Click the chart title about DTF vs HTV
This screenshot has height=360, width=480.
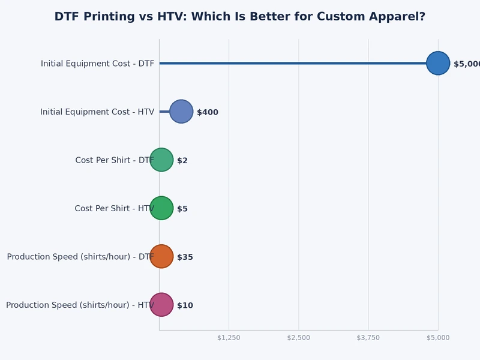239,17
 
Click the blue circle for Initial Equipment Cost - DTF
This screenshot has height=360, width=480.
438,63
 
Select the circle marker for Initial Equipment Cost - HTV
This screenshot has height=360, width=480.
181,112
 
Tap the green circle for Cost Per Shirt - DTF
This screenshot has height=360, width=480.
161,160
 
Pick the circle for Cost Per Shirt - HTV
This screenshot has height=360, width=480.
161,208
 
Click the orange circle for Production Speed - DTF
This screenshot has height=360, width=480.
161,256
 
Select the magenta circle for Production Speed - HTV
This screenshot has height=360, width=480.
161,305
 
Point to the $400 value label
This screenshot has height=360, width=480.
208,112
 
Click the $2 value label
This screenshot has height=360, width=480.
182,161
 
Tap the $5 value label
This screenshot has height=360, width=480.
182,209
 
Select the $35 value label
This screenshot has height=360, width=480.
185,257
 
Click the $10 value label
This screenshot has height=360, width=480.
185,305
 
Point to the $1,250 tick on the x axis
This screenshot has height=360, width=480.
229,338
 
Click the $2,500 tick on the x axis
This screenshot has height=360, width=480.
299,338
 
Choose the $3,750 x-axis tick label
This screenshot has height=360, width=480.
368,338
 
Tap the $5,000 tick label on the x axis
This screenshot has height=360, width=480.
438,338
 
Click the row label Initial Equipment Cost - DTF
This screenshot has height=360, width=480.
97,64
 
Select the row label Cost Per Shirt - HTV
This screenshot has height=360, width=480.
114,209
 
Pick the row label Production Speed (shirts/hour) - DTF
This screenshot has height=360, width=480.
80,257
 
